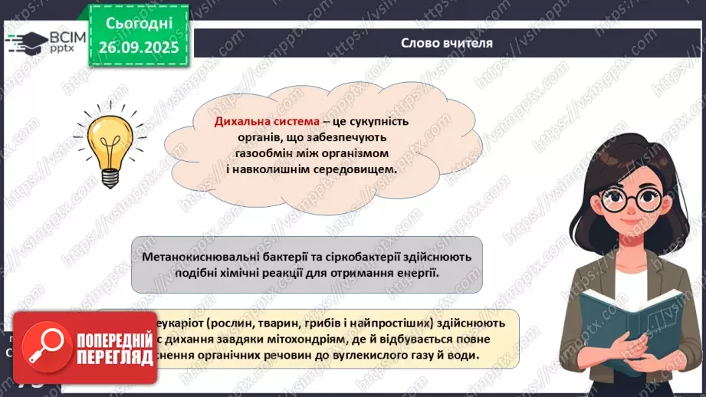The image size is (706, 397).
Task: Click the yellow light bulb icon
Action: pyautogui.click(x=104, y=143)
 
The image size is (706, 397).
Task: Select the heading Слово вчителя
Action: pyautogui.click(x=447, y=43)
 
